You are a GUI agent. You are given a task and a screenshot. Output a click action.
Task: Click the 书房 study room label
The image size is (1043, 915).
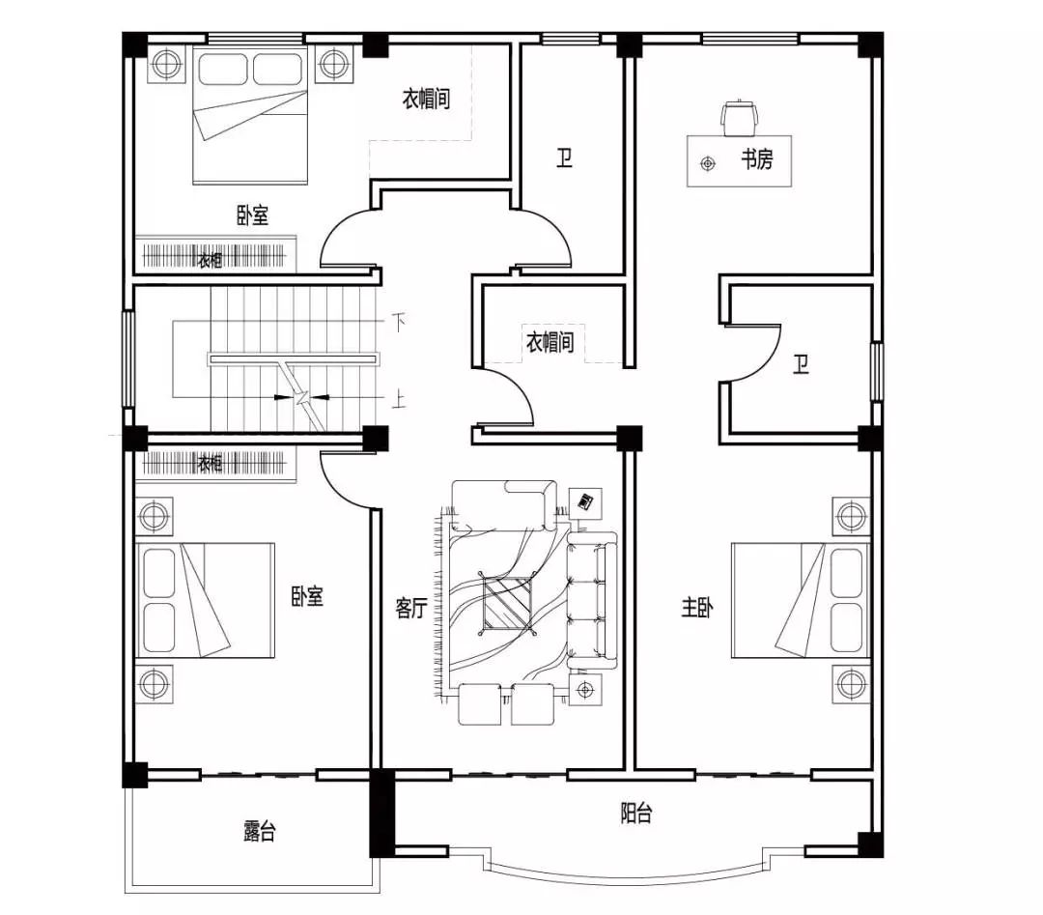757,159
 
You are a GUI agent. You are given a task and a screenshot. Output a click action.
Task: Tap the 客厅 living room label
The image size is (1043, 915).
410,608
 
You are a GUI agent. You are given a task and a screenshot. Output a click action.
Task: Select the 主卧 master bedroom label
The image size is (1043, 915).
697,607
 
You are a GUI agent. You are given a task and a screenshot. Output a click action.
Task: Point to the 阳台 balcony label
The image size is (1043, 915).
635,814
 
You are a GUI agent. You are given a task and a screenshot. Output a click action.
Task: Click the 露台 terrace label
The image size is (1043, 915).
260,831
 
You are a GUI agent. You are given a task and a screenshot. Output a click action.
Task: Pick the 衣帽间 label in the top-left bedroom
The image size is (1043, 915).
427,100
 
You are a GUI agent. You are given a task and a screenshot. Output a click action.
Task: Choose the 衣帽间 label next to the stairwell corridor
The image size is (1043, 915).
550,342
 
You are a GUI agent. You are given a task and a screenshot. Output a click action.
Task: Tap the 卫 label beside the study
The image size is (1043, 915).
565,157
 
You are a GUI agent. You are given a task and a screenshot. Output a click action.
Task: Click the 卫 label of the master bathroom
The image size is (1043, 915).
801,364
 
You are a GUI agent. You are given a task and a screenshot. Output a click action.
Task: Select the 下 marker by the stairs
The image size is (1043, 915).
399,324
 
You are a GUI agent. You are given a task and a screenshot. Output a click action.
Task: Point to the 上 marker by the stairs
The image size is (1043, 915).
399,401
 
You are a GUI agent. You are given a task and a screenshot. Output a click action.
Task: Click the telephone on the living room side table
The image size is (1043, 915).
585,501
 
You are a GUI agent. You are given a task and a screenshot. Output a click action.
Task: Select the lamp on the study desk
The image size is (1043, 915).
708,163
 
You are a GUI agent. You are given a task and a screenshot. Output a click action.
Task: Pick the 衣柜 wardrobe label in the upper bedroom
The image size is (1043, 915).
210,260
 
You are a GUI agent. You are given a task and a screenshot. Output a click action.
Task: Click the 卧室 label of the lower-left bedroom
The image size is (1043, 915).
307,596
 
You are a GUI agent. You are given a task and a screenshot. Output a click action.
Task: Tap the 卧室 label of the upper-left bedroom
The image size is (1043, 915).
253,215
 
